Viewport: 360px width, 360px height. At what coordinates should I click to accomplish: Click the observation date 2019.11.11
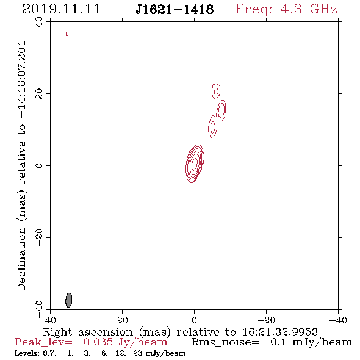pyautogui.click(x=61, y=9)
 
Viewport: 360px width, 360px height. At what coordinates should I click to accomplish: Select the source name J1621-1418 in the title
pyautogui.click(x=175, y=9)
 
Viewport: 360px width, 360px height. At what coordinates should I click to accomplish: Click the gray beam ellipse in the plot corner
pyautogui.click(x=69, y=300)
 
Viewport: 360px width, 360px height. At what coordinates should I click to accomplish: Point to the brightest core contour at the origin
pyautogui.click(x=195, y=162)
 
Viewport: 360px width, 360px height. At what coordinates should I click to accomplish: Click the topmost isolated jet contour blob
pyautogui.click(x=216, y=91)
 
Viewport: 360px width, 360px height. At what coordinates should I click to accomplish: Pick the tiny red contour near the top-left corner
pyautogui.click(x=67, y=34)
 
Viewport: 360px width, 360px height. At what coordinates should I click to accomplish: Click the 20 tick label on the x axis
pyautogui.click(x=123, y=320)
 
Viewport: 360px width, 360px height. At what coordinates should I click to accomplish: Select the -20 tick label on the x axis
pyautogui.click(x=266, y=320)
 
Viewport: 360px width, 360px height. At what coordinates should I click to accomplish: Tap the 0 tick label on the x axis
pyautogui.click(x=194, y=320)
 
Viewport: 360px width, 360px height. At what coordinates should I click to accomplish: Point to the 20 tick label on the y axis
pyautogui.click(x=39, y=94)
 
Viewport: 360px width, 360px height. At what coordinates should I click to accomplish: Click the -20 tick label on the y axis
pyautogui.click(x=39, y=237)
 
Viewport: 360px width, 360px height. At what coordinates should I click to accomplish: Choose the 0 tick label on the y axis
pyautogui.click(x=39, y=165)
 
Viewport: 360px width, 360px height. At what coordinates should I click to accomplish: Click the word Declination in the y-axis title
pyautogui.click(x=21, y=259)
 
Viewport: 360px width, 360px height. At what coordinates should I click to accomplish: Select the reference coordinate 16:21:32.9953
pyautogui.click(x=280, y=332)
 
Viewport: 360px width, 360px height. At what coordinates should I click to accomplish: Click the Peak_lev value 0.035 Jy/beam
pyautogui.click(x=125, y=342)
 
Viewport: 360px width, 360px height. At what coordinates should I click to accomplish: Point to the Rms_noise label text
pyautogui.click(x=225, y=342)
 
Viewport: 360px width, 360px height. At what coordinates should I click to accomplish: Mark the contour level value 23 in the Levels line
pyautogui.click(x=137, y=353)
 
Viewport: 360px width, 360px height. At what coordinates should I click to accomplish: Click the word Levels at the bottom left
pyautogui.click(x=24, y=353)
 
